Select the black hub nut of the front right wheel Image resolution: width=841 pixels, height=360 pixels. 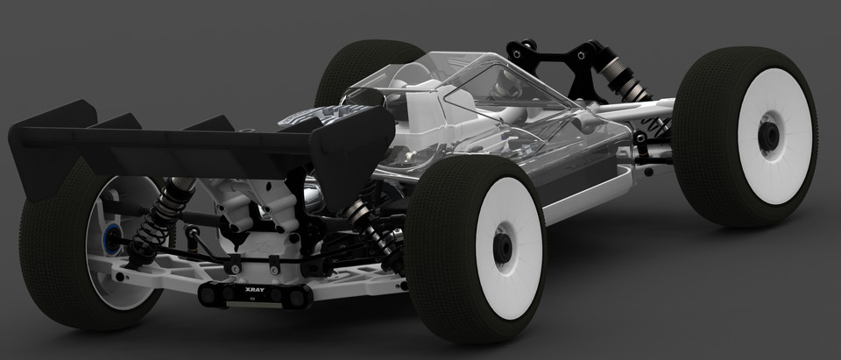[x=768, y=133]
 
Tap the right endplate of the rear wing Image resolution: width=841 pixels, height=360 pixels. [x=359, y=140]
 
